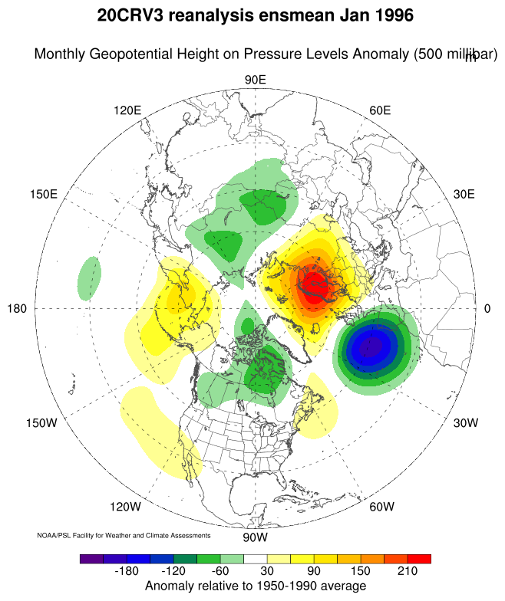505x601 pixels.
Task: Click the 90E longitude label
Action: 255,80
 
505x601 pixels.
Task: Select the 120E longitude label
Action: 127,110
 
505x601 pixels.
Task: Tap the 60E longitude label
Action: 381,110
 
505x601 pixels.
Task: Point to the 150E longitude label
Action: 43,194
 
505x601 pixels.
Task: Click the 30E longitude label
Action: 464,194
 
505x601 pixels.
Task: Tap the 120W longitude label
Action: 126,507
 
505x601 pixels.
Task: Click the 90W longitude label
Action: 254,536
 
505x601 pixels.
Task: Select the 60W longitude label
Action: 381,507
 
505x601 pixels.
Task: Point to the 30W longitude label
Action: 465,423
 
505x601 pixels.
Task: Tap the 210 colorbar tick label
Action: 407,572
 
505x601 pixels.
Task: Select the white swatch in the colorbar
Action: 255,559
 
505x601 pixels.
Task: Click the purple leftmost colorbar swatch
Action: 91,559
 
